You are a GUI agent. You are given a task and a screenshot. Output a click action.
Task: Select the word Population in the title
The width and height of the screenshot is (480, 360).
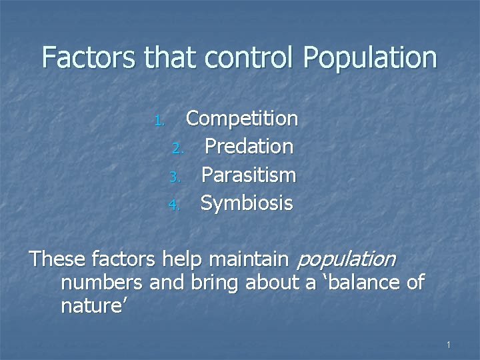point(370,58)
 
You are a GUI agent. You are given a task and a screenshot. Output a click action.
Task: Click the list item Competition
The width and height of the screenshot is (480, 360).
point(241,119)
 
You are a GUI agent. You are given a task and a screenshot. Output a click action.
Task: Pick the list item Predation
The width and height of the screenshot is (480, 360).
point(249,147)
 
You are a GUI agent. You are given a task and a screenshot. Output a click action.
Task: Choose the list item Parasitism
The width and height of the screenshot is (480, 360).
point(248,175)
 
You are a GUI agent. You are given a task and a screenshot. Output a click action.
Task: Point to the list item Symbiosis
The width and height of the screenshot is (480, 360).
point(247,203)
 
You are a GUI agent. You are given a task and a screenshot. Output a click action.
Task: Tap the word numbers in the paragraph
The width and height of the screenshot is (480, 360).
point(101,283)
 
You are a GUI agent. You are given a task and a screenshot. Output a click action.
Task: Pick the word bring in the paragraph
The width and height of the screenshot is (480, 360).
point(215,283)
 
